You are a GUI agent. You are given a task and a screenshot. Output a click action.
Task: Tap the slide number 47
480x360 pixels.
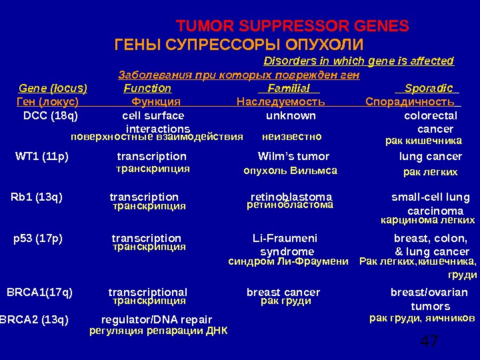pos(429,342)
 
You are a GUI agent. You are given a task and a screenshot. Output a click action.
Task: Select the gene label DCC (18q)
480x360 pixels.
pos(50,115)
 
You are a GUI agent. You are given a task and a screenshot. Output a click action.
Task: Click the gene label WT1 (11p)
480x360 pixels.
pos(42,157)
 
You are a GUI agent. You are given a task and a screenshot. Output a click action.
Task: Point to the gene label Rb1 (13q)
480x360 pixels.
pos(37,197)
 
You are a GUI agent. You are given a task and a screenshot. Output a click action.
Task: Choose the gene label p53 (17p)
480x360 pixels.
pos(38,238)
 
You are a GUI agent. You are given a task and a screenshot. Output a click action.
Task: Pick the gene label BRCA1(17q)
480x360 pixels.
pos(40,292)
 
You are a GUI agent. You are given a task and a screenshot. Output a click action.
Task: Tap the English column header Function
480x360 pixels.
pos(147,88)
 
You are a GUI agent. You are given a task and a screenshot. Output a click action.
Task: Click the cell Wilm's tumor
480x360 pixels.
pos(293,157)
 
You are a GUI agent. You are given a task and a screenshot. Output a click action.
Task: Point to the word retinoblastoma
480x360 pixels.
pos(291,197)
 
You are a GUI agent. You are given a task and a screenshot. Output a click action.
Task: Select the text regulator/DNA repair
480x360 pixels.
pos(156,319)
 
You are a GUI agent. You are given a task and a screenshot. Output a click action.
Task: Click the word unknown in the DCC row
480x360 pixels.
pos(291,115)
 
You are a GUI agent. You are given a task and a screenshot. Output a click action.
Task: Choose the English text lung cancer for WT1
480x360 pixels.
pos(430,157)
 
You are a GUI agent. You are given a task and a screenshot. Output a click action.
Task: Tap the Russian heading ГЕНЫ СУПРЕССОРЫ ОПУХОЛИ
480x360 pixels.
pos(239,45)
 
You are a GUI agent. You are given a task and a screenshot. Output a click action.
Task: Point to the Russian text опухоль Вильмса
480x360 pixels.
pos(290,171)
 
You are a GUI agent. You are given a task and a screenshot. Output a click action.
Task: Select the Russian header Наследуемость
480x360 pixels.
pos(281,102)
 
